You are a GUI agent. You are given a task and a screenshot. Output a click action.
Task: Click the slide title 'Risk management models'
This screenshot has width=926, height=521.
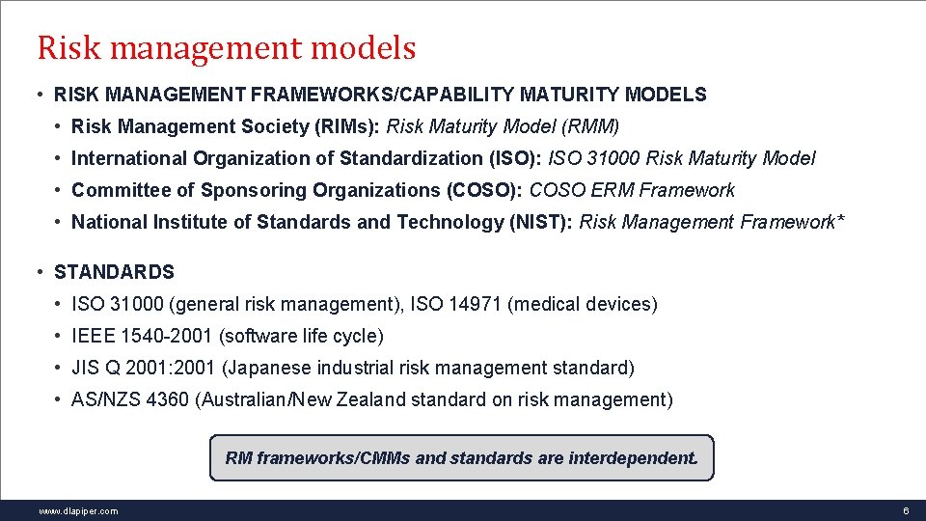coord(226,47)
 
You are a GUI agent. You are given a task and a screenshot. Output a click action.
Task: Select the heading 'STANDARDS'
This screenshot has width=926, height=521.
coord(114,272)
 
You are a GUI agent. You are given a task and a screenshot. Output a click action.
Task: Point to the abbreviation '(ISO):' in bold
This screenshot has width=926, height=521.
coord(516,158)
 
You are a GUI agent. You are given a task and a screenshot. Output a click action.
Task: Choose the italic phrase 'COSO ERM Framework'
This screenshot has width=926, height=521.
coord(632,190)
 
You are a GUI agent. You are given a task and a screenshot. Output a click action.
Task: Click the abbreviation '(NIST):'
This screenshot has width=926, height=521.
coord(540,222)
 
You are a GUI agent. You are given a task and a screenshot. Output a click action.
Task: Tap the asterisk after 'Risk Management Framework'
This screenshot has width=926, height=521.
coord(841,220)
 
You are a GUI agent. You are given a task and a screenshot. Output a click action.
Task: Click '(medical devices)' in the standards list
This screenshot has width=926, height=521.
coord(583,304)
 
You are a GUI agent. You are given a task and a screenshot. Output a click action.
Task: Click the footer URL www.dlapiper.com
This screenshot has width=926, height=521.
coord(78,511)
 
